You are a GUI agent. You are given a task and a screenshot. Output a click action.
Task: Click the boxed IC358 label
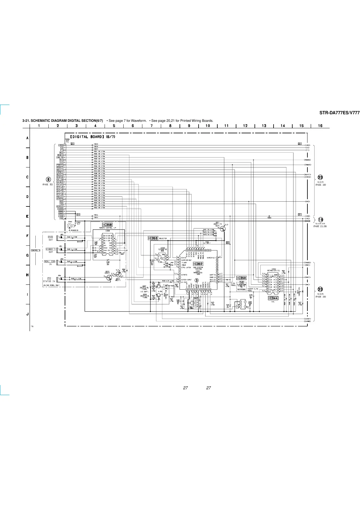(107, 225)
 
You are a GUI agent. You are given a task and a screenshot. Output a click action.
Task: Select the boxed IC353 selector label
(153, 238)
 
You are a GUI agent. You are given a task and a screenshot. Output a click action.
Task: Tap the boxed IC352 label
(198, 264)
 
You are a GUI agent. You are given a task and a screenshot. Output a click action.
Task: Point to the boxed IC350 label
(241, 278)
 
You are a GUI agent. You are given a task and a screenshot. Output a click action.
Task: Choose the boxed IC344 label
(273, 298)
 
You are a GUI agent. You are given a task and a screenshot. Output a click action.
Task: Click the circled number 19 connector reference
(320, 220)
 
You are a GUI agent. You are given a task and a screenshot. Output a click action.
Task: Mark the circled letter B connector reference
(48, 180)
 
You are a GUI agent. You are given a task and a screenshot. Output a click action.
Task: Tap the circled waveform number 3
(196, 280)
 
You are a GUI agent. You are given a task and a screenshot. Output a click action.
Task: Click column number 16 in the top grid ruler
(320, 126)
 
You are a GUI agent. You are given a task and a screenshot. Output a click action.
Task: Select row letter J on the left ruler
(28, 314)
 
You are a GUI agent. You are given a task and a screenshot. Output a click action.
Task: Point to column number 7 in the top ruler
(151, 126)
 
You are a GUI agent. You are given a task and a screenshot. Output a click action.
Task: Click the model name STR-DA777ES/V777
(339, 113)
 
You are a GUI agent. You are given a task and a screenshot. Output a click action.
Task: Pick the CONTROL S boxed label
(36, 250)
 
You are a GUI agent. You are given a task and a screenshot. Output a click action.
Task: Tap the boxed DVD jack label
(50, 237)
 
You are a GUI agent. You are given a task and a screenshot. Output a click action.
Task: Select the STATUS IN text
(49, 281)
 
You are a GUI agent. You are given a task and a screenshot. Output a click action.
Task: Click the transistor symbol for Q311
(223, 229)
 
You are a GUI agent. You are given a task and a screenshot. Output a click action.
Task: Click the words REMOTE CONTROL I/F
(108, 228)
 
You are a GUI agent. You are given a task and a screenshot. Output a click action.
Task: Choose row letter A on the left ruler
(28, 138)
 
